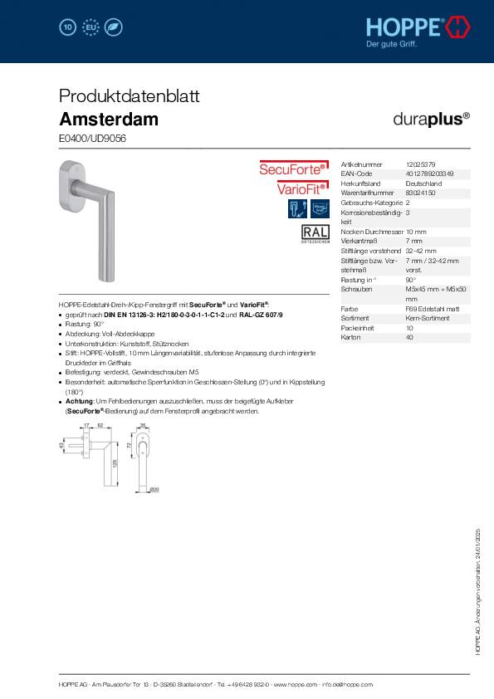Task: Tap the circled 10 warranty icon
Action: tap(68, 28)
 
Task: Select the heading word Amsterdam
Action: tap(109, 119)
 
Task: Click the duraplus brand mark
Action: tap(431, 118)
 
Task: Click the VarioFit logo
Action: tap(301, 188)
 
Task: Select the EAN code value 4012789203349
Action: tap(430, 174)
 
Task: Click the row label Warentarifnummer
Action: tap(365, 193)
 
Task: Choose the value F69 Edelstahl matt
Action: tap(433, 308)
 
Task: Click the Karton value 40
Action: tap(409, 337)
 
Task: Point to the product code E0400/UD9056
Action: tap(93, 139)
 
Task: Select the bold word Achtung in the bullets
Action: tap(80, 401)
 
